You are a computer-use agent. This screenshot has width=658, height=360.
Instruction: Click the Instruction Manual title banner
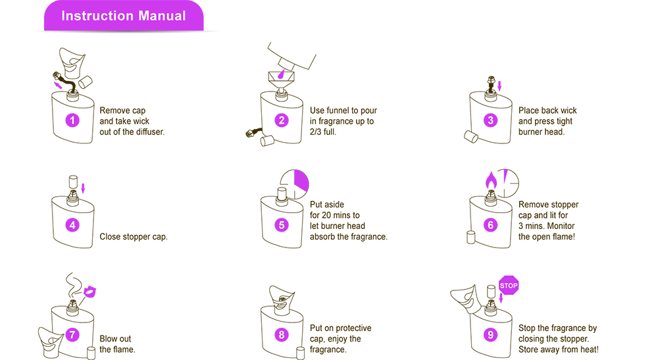(124, 16)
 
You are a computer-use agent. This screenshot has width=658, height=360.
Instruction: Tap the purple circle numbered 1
(72, 120)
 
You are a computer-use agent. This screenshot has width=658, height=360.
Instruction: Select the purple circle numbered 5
(282, 225)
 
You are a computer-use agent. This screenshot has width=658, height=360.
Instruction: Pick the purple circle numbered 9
(491, 335)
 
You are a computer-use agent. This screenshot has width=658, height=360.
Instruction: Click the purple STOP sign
(509, 286)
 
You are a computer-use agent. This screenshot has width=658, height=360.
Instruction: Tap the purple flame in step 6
(491, 180)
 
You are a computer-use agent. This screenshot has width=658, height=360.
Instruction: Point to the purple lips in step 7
(89, 291)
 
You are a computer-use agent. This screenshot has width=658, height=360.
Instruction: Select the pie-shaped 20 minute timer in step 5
(295, 184)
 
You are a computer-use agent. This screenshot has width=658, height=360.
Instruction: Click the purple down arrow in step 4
(83, 188)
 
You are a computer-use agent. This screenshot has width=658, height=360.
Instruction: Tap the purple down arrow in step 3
(499, 86)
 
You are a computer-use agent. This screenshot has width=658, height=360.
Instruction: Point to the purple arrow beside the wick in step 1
(59, 85)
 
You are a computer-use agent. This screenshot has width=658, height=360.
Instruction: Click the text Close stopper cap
(134, 237)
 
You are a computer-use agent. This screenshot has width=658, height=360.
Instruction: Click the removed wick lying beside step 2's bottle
(254, 133)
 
